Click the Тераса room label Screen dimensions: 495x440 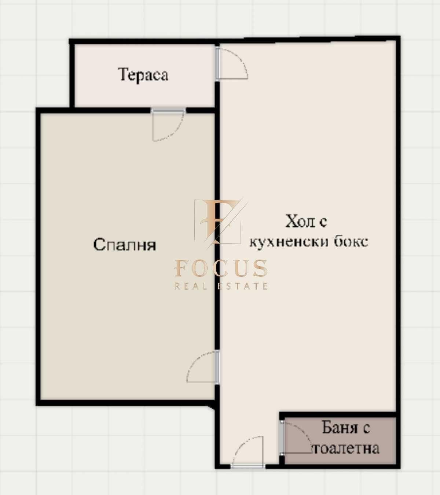point(143,75)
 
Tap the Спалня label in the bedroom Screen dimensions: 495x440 point(125,245)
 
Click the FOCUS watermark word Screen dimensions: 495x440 point(221,268)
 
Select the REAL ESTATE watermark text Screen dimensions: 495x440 point(221,286)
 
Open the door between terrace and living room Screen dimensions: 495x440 point(231,64)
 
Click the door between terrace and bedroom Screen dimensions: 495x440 point(168,124)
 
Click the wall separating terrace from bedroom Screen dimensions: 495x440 point(110,110)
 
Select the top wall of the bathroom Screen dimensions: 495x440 point(337,415)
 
